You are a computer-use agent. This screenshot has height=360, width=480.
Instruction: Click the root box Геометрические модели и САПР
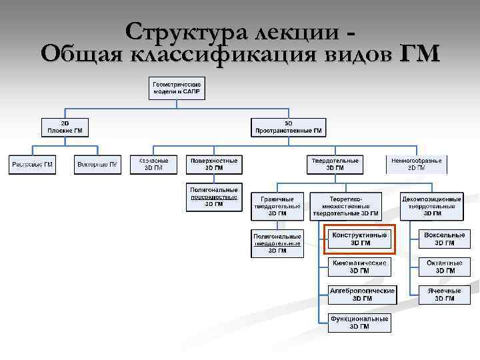177,88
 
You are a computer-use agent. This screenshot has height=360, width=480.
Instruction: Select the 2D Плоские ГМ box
65,127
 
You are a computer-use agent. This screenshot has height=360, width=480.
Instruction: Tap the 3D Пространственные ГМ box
288,127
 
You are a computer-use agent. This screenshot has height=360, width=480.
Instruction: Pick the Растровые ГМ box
32,164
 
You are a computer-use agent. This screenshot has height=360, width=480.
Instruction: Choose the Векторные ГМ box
97,164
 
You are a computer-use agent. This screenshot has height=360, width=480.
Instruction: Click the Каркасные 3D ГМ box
154,164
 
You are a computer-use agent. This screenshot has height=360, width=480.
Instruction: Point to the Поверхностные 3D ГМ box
213,164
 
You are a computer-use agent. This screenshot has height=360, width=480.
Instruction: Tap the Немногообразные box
416,164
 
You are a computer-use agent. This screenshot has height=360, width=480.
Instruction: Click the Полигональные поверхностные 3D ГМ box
213,197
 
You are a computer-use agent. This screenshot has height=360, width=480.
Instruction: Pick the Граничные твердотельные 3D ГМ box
277,206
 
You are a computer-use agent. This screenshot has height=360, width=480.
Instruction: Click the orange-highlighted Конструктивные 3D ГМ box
359,239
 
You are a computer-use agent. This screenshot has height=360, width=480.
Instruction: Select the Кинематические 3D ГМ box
359,267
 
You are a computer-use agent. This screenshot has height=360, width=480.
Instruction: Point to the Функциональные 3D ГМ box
359,323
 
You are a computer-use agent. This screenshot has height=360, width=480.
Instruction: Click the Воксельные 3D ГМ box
445,239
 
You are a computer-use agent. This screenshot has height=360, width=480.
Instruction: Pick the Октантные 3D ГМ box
445,267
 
